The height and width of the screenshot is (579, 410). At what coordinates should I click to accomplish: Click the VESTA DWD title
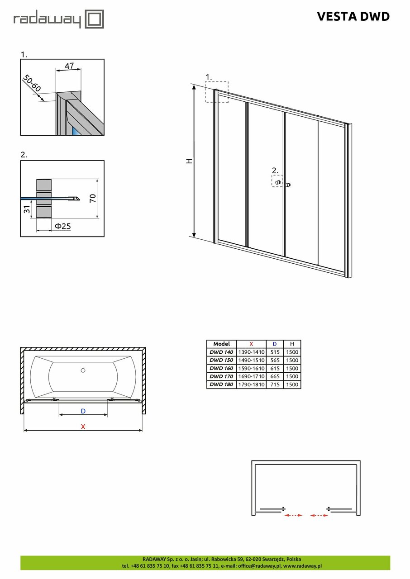[353, 17]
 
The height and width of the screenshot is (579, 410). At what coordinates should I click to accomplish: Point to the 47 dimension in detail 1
[69, 66]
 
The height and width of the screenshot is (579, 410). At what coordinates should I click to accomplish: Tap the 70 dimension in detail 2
[93, 198]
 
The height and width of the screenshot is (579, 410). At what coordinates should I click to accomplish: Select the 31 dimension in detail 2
[27, 209]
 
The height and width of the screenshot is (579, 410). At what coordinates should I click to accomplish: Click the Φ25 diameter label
[62, 226]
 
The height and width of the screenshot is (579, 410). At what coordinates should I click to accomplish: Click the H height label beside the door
[190, 161]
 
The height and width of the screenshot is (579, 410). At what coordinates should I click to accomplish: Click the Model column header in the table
[221, 344]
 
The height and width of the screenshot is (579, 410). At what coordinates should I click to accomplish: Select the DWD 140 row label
[221, 352]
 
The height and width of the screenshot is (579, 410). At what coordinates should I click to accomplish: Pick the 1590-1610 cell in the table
[251, 368]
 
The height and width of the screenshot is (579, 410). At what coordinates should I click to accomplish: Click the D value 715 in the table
[274, 384]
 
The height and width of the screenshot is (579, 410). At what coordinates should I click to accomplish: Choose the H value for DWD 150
[292, 360]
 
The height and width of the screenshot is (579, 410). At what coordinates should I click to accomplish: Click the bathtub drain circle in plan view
[83, 370]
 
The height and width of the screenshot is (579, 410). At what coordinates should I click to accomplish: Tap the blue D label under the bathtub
[83, 411]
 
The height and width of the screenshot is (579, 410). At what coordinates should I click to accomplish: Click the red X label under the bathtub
[83, 426]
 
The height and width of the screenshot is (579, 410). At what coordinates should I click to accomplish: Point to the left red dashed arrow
[293, 515]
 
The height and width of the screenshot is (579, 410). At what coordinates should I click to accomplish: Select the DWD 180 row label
[221, 384]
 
